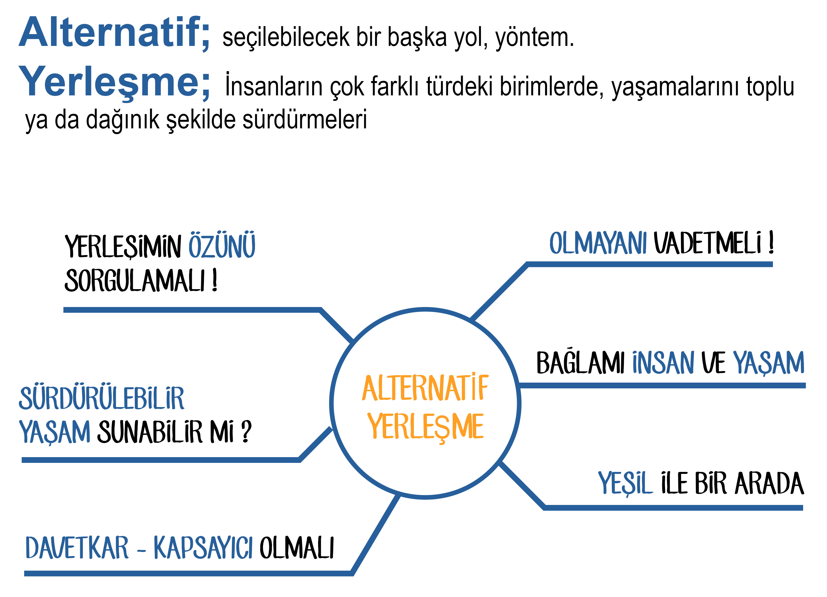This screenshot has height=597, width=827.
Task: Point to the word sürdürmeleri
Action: tap(305, 119)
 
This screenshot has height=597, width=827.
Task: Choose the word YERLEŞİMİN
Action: tap(123, 247)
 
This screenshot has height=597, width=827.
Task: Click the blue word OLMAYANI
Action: tap(598, 243)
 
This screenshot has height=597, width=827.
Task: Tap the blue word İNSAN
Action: tap(663, 363)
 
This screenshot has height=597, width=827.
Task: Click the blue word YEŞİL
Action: tap(625, 483)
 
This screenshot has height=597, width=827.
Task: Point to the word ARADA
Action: tap(769, 483)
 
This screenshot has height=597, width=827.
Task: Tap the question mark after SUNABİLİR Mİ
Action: tap(247, 431)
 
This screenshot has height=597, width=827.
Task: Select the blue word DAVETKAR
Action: tap(77, 548)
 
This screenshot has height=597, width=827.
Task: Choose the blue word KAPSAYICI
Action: tap(203, 548)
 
